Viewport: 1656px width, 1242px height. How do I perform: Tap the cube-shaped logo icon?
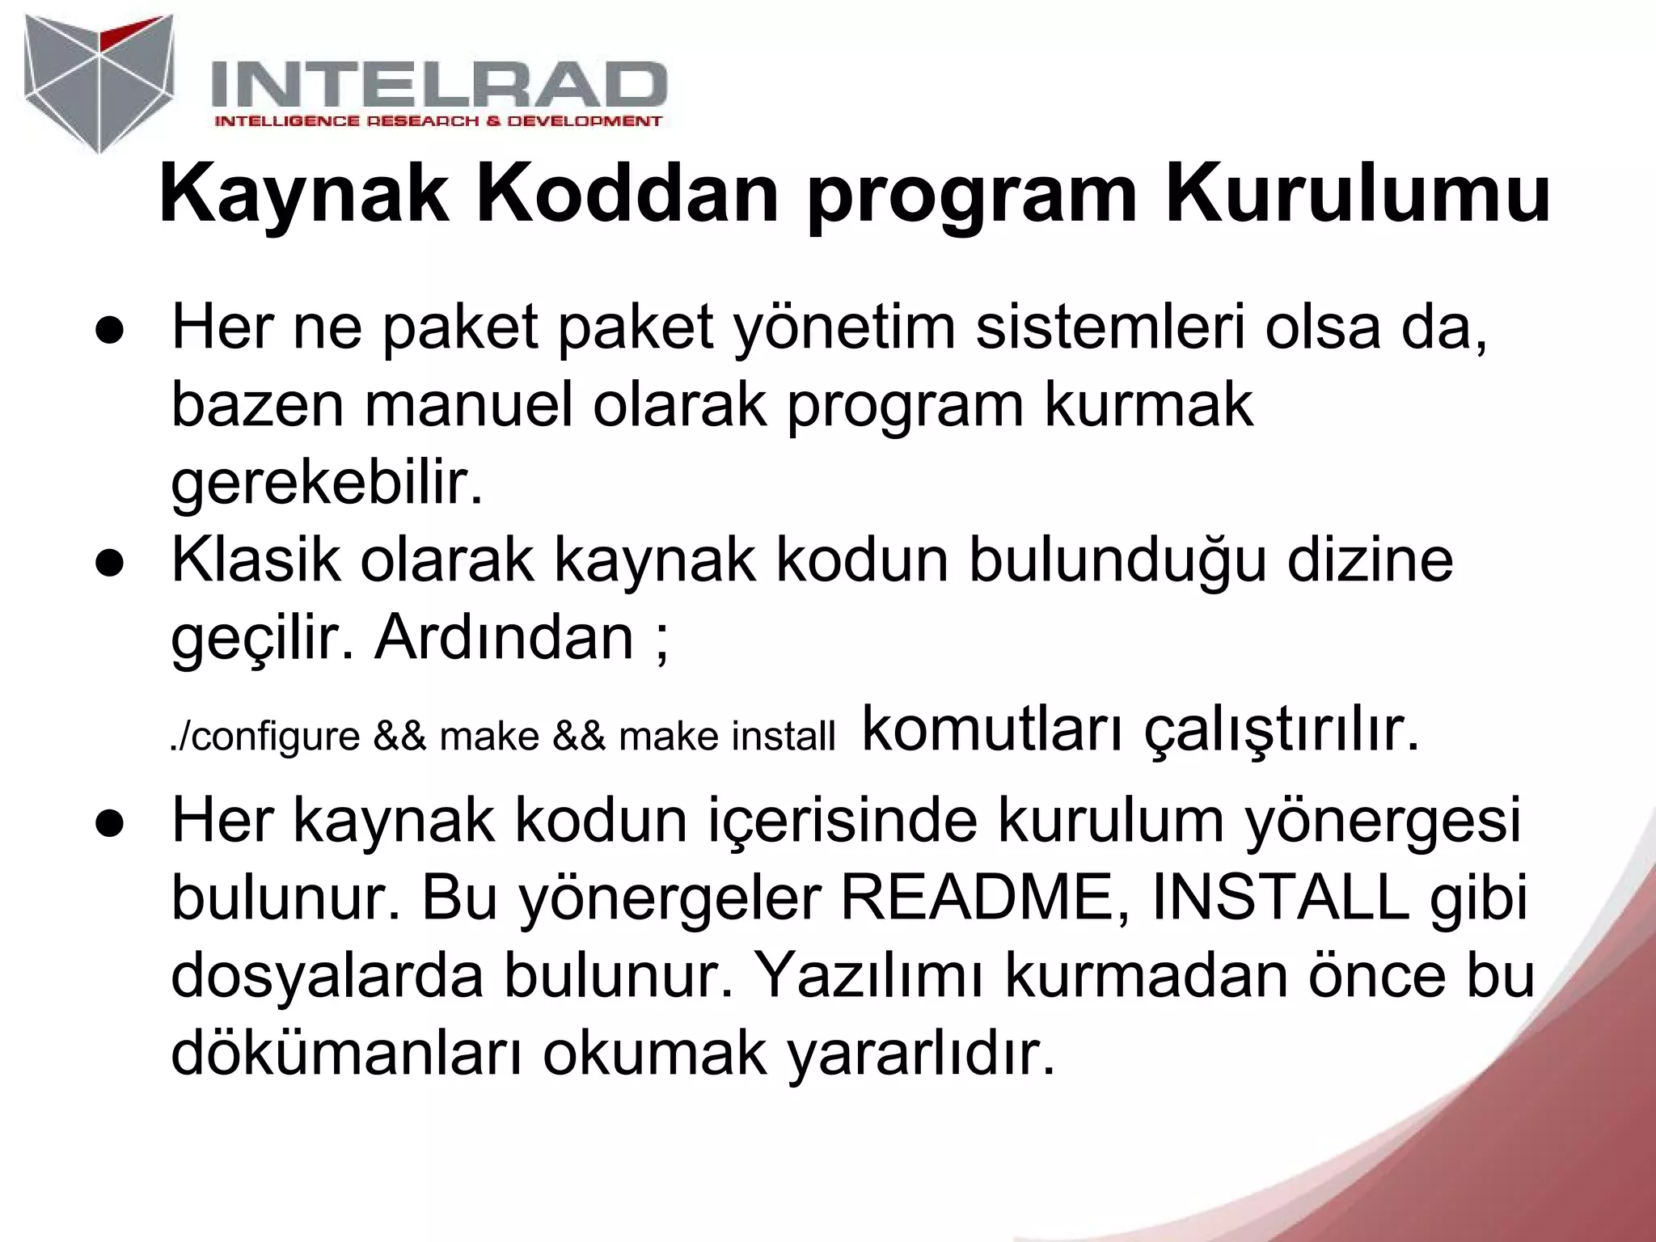[99, 81]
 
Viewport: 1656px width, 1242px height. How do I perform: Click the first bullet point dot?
[108, 332]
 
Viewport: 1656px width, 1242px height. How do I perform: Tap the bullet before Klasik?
[108, 564]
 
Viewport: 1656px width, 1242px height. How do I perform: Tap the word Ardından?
[504, 637]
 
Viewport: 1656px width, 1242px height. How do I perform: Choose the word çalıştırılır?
[1281, 730]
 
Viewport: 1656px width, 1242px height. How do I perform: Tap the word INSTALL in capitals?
[1281, 899]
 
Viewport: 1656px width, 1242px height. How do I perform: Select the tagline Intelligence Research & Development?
[437, 121]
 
